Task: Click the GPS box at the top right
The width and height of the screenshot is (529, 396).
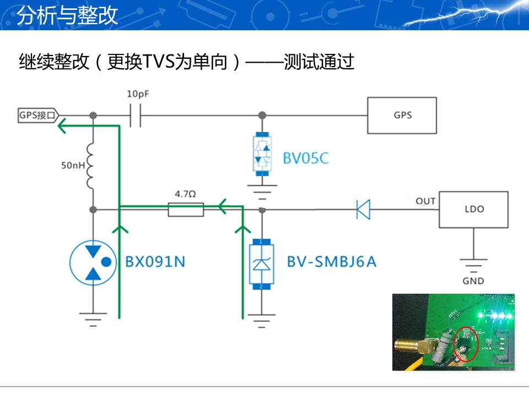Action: pyautogui.click(x=402, y=116)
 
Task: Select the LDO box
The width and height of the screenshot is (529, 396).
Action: pyautogui.click(x=473, y=210)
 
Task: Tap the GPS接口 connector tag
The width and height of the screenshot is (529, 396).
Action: pyautogui.click(x=37, y=116)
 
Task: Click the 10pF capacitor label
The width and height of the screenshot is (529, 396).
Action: pyautogui.click(x=138, y=94)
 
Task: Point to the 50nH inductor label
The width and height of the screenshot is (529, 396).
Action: pyautogui.click(x=72, y=164)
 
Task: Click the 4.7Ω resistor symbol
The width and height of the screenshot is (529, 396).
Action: pyautogui.click(x=186, y=210)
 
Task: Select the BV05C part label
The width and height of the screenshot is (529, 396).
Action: pyautogui.click(x=306, y=159)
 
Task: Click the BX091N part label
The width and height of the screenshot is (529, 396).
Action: pyautogui.click(x=155, y=262)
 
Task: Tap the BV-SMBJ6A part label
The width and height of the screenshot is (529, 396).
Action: pyautogui.click(x=331, y=262)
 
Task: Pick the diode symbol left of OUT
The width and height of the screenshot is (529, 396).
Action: pyautogui.click(x=363, y=210)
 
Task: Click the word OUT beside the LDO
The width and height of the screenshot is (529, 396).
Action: pyautogui.click(x=425, y=201)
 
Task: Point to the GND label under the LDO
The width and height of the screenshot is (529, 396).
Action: pyautogui.click(x=473, y=281)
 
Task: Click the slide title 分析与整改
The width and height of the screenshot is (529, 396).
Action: pyautogui.click(x=68, y=15)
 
